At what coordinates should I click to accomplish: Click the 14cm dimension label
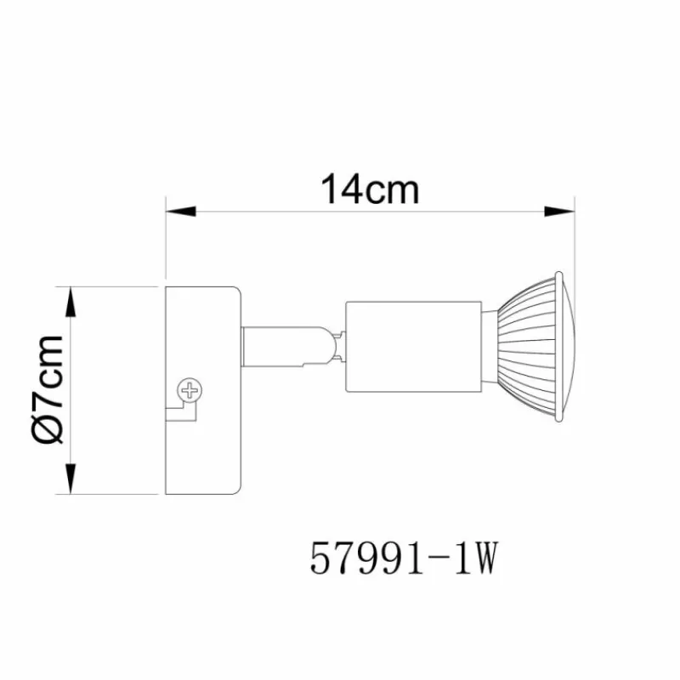pos(370,190)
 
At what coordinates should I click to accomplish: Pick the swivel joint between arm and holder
pos(334,348)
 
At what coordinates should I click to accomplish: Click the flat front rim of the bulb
pos(558,347)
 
